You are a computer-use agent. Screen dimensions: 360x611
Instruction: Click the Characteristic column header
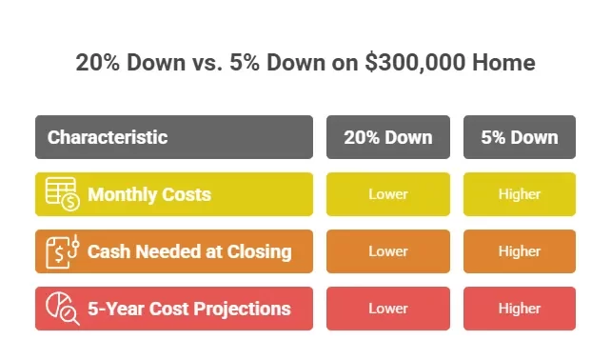pos(108,137)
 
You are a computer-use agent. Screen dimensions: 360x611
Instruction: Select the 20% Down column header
pos(388,137)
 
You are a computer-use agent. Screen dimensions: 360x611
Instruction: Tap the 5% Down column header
pos(520,137)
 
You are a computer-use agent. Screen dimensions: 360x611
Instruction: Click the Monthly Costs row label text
pos(149,195)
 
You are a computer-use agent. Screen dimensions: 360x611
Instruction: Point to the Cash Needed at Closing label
pos(189,252)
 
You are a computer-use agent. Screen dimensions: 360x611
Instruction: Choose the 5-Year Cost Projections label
pos(189,310)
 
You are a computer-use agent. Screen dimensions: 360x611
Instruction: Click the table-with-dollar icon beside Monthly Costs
pos(62,194)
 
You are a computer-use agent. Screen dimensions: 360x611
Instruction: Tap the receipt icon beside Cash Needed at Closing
pos(62,251)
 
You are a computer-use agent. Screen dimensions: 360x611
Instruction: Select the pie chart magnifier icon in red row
pos(62,309)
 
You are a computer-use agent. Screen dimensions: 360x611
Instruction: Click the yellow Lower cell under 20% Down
pos(388,194)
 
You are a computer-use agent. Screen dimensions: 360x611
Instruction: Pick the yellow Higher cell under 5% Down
pos(520,194)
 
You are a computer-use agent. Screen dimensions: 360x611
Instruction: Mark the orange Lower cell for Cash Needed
pos(388,251)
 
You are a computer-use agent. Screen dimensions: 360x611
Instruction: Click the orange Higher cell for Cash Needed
pos(520,251)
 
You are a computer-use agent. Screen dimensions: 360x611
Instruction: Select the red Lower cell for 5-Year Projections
pos(388,309)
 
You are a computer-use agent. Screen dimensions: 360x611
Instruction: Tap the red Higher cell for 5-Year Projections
pos(520,309)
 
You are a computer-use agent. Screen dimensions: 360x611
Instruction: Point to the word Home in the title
pos(505,64)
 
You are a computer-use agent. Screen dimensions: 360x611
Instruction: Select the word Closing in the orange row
pos(258,252)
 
